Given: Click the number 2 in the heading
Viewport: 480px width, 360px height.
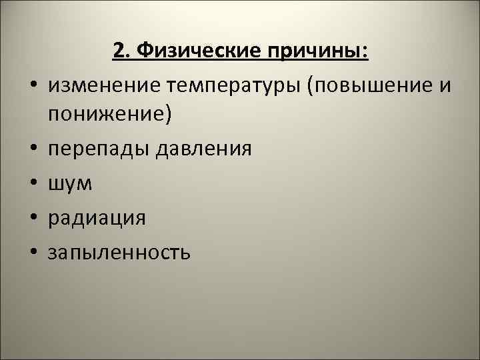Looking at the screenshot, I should pos(118,51).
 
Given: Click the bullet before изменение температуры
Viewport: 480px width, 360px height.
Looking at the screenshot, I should pos(31,85).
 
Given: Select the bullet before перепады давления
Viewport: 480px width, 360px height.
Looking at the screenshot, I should pos(31,149).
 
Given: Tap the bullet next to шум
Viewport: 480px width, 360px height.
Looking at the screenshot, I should pos(31,184).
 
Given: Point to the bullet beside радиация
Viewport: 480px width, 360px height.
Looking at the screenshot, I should pos(31,219).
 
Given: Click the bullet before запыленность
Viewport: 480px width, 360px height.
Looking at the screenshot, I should pos(31,253).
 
